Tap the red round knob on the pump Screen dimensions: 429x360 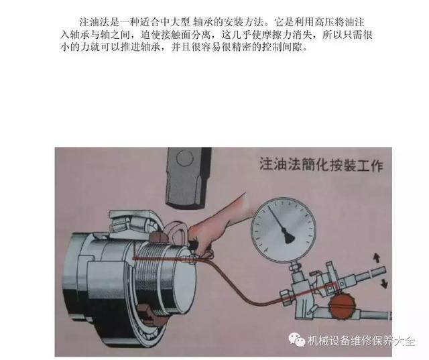coord(341,306)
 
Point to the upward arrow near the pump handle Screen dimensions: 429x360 coord(377,258)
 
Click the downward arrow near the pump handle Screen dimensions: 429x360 coord(383,283)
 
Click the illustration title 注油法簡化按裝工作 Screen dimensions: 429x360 coord(321,164)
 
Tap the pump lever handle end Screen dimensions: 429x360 coord(377,273)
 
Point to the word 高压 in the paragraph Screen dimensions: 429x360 coord(324,22)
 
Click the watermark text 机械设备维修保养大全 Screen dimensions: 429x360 coord(361,341)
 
